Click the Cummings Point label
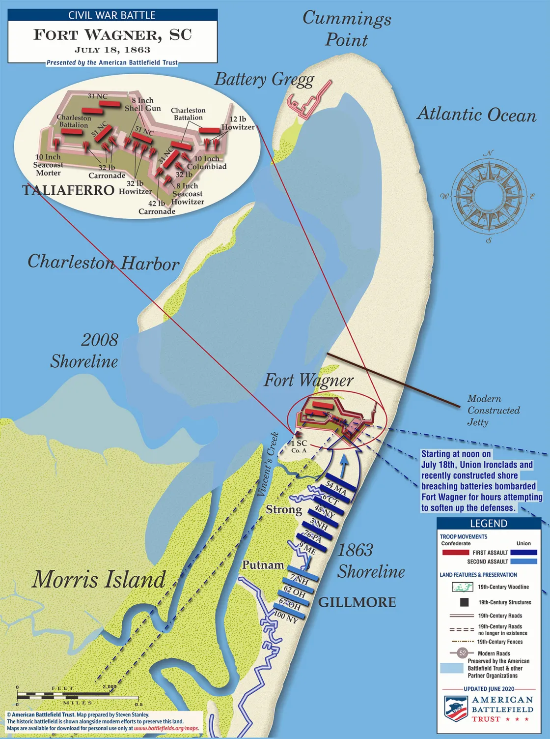(x=347, y=29)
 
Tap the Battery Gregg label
(x=264, y=80)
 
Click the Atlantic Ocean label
(x=476, y=114)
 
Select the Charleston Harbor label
(x=103, y=262)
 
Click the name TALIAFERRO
(x=68, y=190)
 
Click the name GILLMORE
(x=357, y=602)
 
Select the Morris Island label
(x=99, y=579)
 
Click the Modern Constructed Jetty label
(x=493, y=410)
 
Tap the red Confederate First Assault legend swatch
(x=455, y=553)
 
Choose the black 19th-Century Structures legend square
(x=464, y=602)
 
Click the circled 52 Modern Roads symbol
(x=462, y=653)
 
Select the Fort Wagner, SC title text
(x=112, y=35)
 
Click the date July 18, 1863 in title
(x=112, y=50)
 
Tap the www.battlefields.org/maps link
(x=166, y=728)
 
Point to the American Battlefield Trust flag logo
(x=455, y=709)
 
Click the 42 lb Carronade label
(x=157, y=207)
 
